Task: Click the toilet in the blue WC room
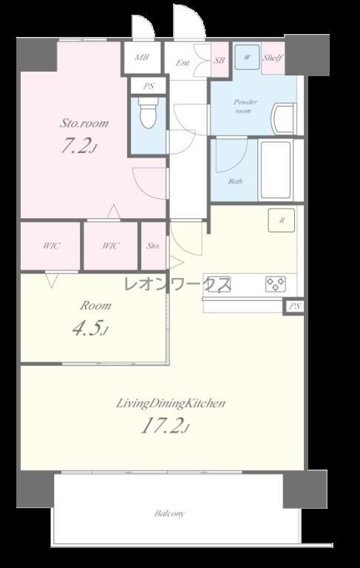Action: tap(148, 112)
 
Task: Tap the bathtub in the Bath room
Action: tap(276, 170)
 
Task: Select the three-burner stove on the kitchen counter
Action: tap(276, 284)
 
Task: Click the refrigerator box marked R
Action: tap(282, 220)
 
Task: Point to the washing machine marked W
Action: tap(247, 57)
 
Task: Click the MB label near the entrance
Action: tap(142, 57)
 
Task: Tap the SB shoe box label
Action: tap(219, 61)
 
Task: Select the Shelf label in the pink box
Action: tap(273, 58)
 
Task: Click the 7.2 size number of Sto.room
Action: tap(78, 146)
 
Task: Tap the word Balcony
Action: tap(169, 514)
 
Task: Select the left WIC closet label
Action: tap(51, 246)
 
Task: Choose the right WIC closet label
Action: tap(110, 246)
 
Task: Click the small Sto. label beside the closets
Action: tap(153, 246)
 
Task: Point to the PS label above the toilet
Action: tap(149, 87)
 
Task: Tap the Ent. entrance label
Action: tap(183, 63)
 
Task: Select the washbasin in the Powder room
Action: tap(283, 119)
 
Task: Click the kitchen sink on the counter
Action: tap(219, 284)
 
